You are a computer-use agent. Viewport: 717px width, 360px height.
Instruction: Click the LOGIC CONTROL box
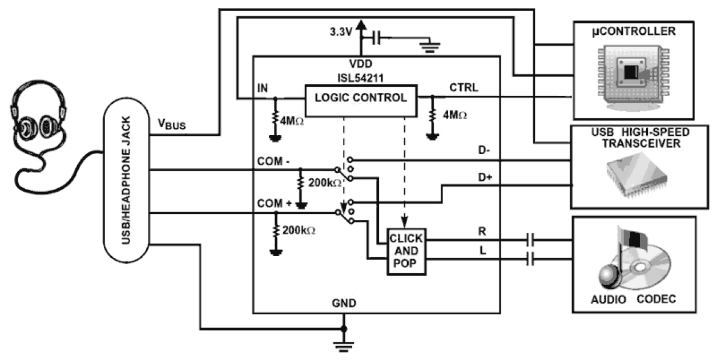click(x=361, y=98)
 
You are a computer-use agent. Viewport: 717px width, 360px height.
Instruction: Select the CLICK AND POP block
click(x=406, y=251)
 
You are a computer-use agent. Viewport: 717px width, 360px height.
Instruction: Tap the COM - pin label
click(x=274, y=163)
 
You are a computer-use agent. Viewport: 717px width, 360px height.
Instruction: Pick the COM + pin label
click(x=274, y=204)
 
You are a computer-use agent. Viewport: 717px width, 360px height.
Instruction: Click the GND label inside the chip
click(x=345, y=303)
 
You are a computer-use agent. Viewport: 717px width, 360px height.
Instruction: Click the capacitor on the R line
click(x=531, y=240)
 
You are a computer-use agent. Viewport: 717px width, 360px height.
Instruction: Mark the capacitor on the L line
click(x=531, y=259)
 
